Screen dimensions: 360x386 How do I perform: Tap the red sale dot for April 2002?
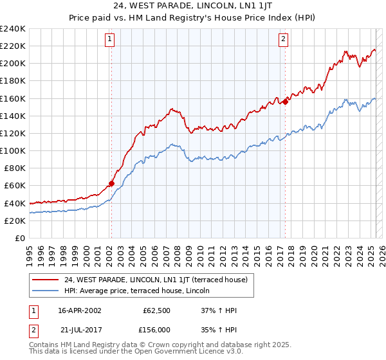pos(111,183)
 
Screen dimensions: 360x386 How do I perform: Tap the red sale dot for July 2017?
pos(285,102)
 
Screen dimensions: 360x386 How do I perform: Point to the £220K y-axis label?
pos(13,46)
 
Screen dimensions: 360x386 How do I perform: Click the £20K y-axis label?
pos(15,221)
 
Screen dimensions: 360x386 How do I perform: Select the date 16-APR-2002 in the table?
pos(80,310)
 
